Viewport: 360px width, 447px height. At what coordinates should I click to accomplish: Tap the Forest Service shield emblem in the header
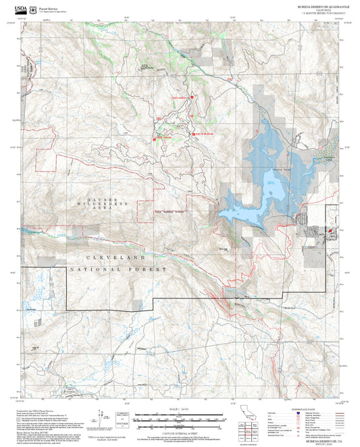32,5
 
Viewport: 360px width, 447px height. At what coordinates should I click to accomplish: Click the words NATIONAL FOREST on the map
118,269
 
